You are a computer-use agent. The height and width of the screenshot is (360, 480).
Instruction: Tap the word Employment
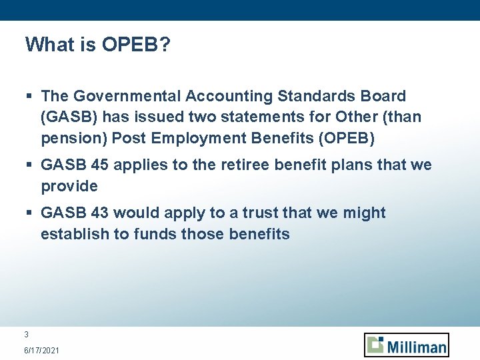pyautogui.click(x=198, y=138)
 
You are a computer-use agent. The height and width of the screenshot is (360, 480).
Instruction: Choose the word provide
pyautogui.click(x=69, y=186)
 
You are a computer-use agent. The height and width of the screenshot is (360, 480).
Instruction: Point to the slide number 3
pyautogui.click(x=26, y=335)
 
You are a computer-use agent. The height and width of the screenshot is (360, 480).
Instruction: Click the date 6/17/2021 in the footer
pyautogui.click(x=41, y=350)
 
